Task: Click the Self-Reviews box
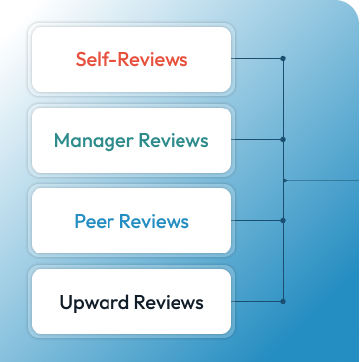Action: click(131, 59)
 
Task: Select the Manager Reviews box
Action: click(131, 140)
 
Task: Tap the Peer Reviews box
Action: click(131, 221)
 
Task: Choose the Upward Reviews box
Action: click(131, 301)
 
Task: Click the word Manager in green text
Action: click(92, 140)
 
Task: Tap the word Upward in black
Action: click(93, 301)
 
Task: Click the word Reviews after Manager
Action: click(172, 140)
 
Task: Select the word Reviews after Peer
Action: click(154, 221)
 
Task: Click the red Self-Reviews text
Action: click(131, 59)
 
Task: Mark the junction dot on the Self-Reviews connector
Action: click(284, 59)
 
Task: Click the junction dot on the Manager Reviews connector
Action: click(284, 139)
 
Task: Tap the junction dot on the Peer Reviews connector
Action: click(284, 220)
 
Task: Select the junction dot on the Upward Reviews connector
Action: click(284, 300)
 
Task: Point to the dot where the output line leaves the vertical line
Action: click(284, 180)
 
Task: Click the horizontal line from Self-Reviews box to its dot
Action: click(257, 59)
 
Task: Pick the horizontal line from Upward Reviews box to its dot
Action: click(257, 300)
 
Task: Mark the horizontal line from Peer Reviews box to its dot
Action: click(257, 220)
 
